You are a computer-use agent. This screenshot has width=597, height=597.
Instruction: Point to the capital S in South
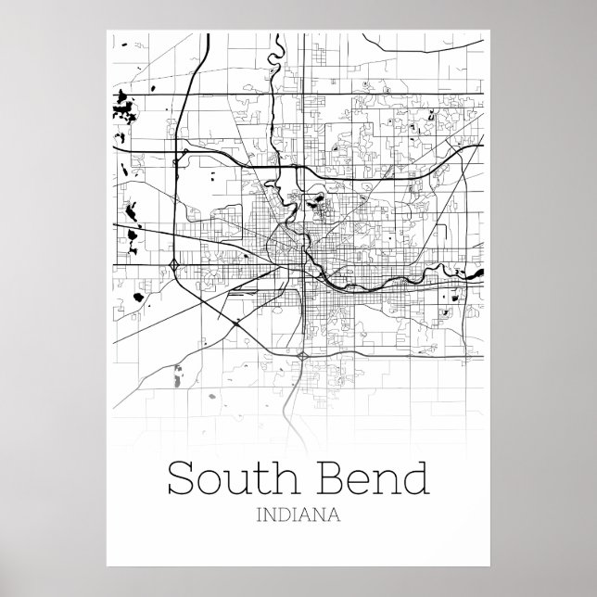tap(180, 480)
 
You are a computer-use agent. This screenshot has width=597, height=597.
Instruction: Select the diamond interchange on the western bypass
tap(174, 266)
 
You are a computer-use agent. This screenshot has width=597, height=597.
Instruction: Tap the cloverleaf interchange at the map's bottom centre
tap(303, 356)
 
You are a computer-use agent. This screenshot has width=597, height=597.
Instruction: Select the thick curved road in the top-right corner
tap(399, 45)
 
